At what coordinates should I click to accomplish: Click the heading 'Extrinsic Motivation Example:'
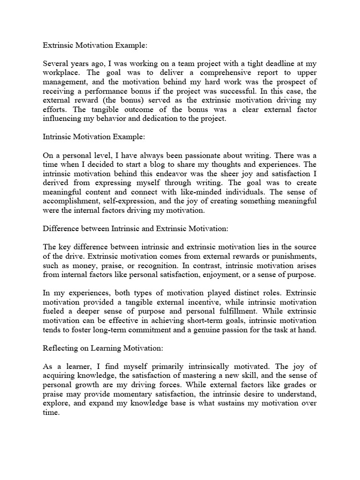pos(95,46)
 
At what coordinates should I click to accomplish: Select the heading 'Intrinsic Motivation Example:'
pos(94,137)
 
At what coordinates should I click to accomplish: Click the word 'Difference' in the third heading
pos(61,228)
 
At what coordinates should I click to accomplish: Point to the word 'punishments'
pos(292,255)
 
